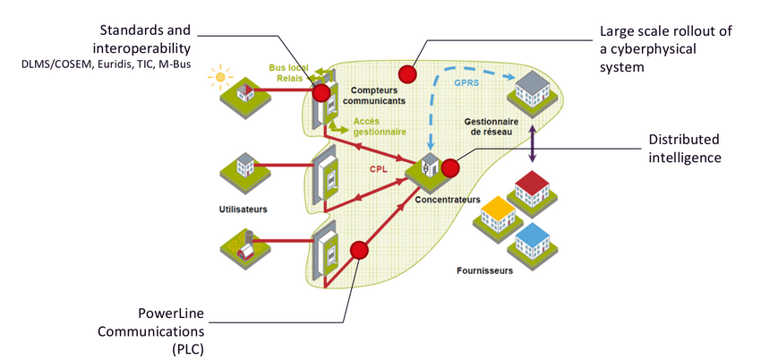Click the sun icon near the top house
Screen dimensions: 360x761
[218, 77]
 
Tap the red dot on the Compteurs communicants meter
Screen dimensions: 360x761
[321, 91]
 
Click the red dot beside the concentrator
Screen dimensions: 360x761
[449, 167]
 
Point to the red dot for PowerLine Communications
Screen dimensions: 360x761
[360, 250]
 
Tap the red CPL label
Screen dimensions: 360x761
[379, 167]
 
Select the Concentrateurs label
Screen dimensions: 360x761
[448, 200]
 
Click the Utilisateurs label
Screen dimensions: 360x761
[244, 209]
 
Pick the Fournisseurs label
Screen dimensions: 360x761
[483, 271]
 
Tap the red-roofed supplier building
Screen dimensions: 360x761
[531, 190]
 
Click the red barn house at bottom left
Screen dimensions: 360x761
[244, 246]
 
